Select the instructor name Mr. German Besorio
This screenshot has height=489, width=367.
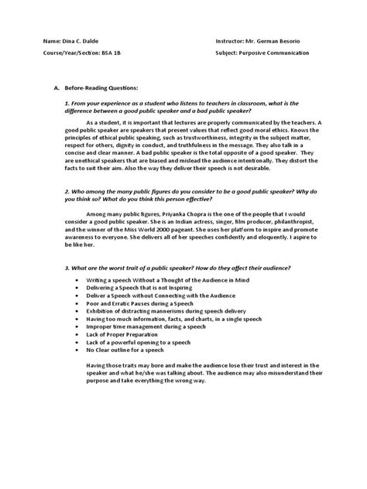(x=276, y=39)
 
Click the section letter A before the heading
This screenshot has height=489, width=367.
(x=48, y=89)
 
